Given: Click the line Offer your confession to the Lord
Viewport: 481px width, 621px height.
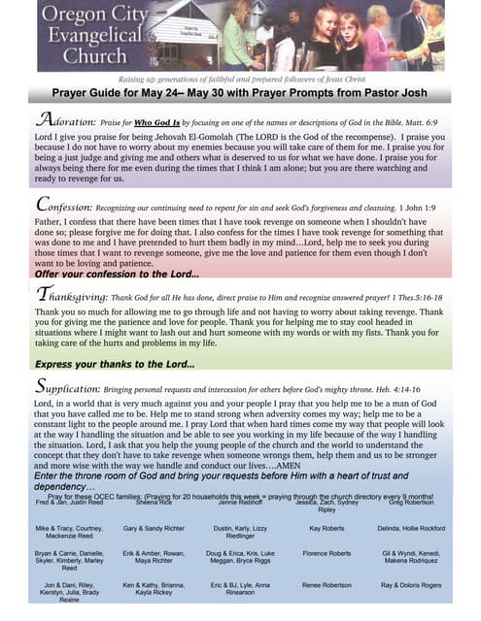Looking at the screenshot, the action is coord(116,274).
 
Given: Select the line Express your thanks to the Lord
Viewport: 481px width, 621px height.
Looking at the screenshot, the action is coord(115,364).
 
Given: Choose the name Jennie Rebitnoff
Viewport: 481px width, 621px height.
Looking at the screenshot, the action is coord(240,505).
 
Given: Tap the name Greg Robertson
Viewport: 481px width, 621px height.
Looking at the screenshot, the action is coord(409,505).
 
